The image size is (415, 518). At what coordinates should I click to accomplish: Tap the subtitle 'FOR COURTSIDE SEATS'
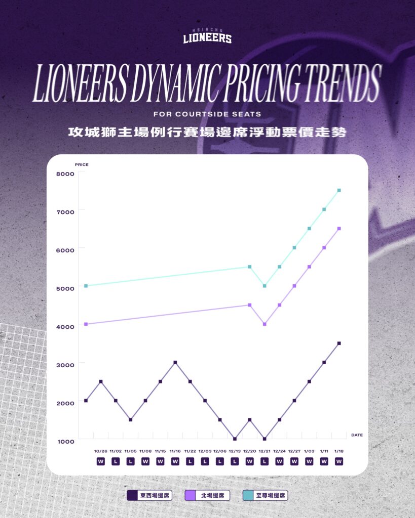[x=207, y=114]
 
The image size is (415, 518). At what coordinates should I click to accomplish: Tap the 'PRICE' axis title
[x=82, y=165]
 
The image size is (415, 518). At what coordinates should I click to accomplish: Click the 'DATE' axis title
[x=357, y=435]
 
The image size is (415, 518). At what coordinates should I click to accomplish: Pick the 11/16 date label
[x=175, y=451]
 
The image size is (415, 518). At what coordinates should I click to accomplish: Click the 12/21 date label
[x=265, y=451]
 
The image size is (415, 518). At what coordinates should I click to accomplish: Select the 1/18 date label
[x=338, y=451]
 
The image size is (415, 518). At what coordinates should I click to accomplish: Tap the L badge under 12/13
[x=235, y=461]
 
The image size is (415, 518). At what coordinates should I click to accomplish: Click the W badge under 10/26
[x=100, y=461]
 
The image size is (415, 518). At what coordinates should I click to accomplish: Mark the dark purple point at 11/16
[x=175, y=362]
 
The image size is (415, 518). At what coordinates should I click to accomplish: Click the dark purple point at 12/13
[x=235, y=439]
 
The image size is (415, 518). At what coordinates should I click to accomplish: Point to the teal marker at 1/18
[x=339, y=190]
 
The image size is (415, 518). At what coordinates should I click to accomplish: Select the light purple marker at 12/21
[x=265, y=324]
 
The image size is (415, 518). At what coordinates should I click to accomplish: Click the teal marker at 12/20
[x=249, y=267]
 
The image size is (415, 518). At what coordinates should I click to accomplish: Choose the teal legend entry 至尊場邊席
[x=265, y=495]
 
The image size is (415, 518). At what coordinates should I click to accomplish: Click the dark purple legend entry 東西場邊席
[x=149, y=495]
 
